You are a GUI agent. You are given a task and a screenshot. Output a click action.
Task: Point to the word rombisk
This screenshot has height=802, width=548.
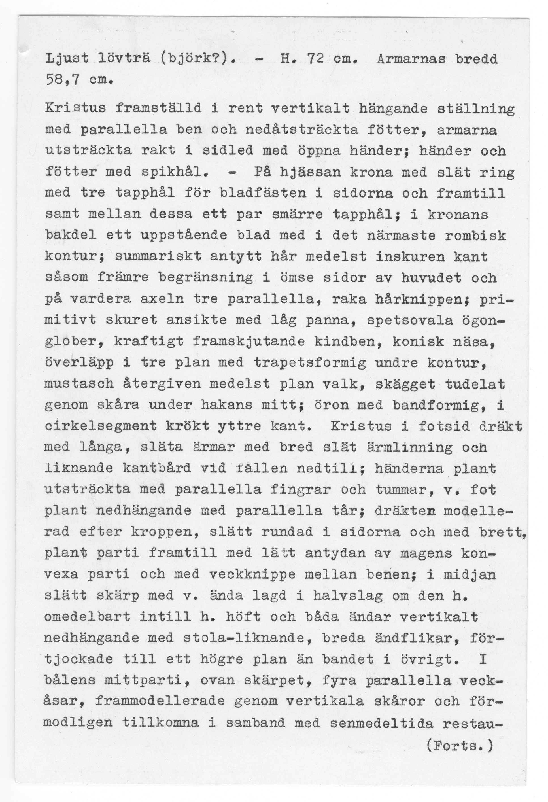[x=475, y=236]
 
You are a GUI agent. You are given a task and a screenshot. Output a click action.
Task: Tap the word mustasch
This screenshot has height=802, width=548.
[x=79, y=384]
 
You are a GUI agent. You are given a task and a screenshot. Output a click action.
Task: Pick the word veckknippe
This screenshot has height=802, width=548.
[x=252, y=574]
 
